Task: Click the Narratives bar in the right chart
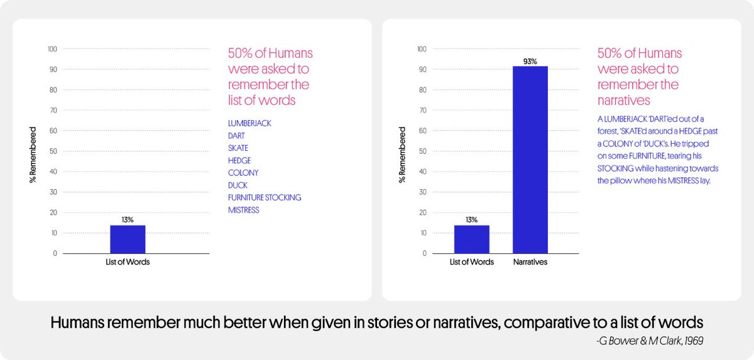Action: click(x=530, y=160)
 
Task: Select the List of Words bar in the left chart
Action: click(x=128, y=239)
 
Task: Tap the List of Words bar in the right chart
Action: click(x=471, y=239)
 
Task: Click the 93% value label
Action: click(x=530, y=61)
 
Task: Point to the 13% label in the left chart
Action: click(x=128, y=220)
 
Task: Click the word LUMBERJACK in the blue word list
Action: click(x=249, y=123)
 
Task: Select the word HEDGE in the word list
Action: click(x=239, y=160)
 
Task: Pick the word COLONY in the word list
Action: click(x=243, y=173)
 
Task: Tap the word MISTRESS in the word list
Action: click(x=244, y=210)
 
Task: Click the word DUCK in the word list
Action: click(x=238, y=185)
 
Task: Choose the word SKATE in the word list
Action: click(x=238, y=148)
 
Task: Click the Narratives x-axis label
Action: click(x=530, y=262)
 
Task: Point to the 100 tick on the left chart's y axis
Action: click(x=52, y=49)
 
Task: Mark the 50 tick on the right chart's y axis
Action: click(x=422, y=151)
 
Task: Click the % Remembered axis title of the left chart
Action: click(x=33, y=155)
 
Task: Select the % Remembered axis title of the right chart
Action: click(x=402, y=155)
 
